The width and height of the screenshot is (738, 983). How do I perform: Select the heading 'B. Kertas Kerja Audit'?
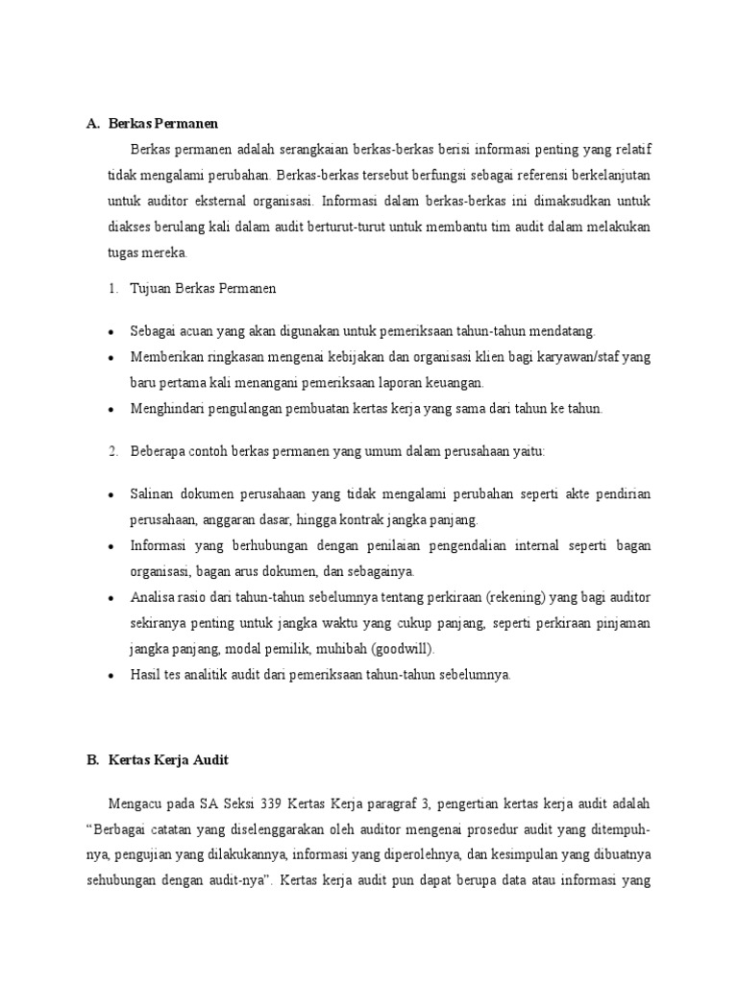point(158,759)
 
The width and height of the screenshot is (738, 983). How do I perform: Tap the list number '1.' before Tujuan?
point(111,288)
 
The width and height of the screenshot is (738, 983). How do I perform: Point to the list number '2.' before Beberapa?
point(111,450)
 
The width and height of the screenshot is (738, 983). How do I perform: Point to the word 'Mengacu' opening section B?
point(136,802)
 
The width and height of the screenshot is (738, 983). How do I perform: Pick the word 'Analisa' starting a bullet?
point(154,597)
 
